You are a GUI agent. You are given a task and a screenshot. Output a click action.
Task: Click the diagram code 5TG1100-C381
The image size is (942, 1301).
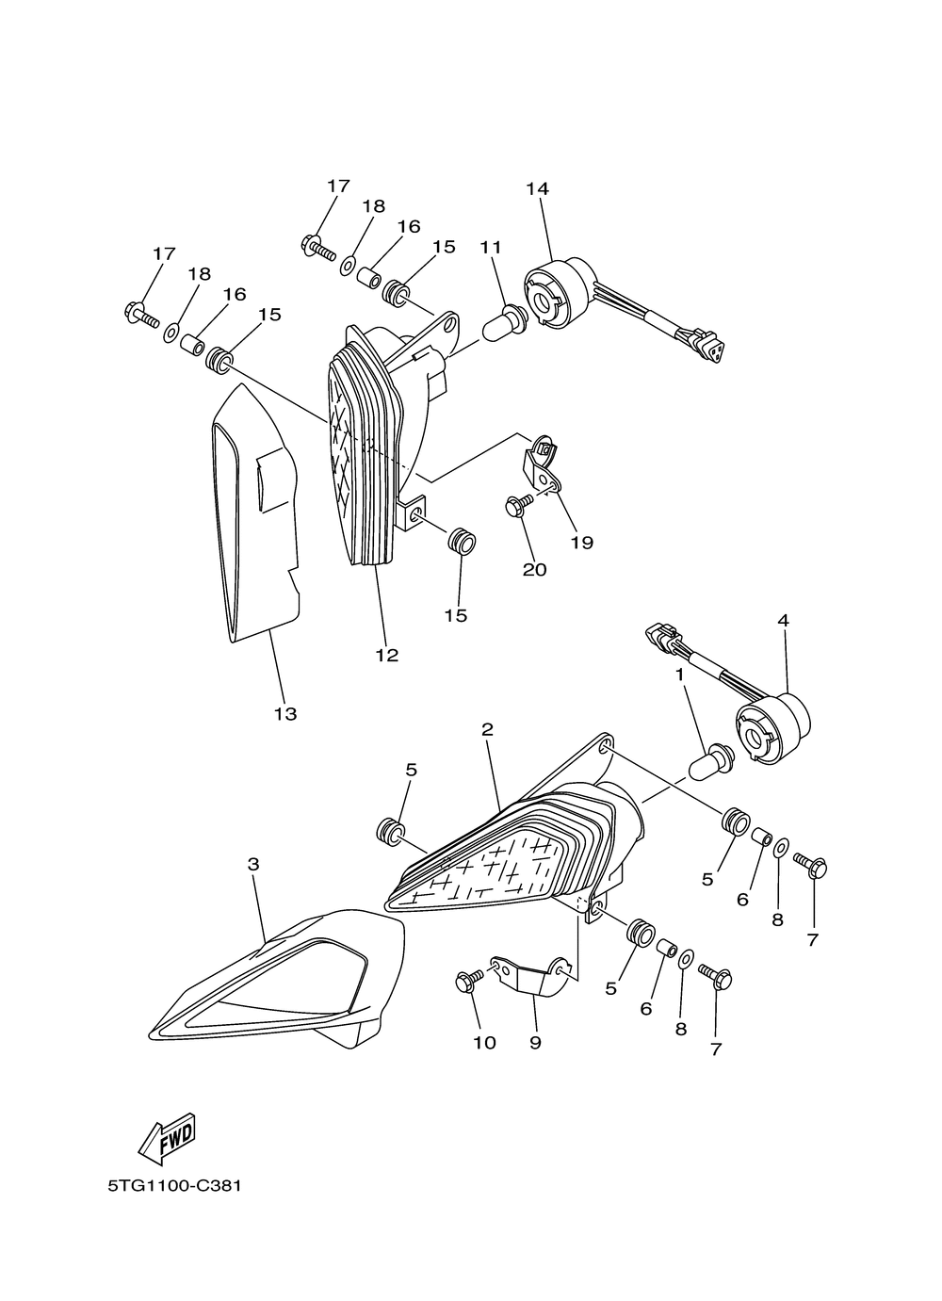[175, 1185]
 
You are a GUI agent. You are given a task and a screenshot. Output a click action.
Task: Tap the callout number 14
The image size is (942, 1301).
[537, 189]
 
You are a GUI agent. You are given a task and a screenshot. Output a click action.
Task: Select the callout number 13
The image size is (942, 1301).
[285, 714]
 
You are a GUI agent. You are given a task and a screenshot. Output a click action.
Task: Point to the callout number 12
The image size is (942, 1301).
[387, 656]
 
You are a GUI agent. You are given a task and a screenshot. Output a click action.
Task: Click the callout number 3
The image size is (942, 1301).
[253, 864]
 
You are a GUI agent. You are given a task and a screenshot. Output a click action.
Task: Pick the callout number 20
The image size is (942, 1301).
[534, 570]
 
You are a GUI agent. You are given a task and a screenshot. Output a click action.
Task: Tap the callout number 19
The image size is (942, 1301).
[582, 543]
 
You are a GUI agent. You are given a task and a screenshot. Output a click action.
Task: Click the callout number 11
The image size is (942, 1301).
[491, 248]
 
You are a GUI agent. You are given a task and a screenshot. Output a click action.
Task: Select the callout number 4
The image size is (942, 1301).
[783, 621]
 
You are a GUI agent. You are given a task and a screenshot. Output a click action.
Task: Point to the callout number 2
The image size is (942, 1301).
[487, 729]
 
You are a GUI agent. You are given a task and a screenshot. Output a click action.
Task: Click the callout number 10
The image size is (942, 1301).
[484, 1043]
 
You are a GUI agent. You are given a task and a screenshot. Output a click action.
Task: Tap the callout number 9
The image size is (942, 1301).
[535, 1043]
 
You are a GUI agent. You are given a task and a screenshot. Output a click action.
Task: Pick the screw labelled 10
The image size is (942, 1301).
[466, 982]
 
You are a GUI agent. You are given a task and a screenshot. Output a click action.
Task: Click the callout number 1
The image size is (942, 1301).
[678, 675]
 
